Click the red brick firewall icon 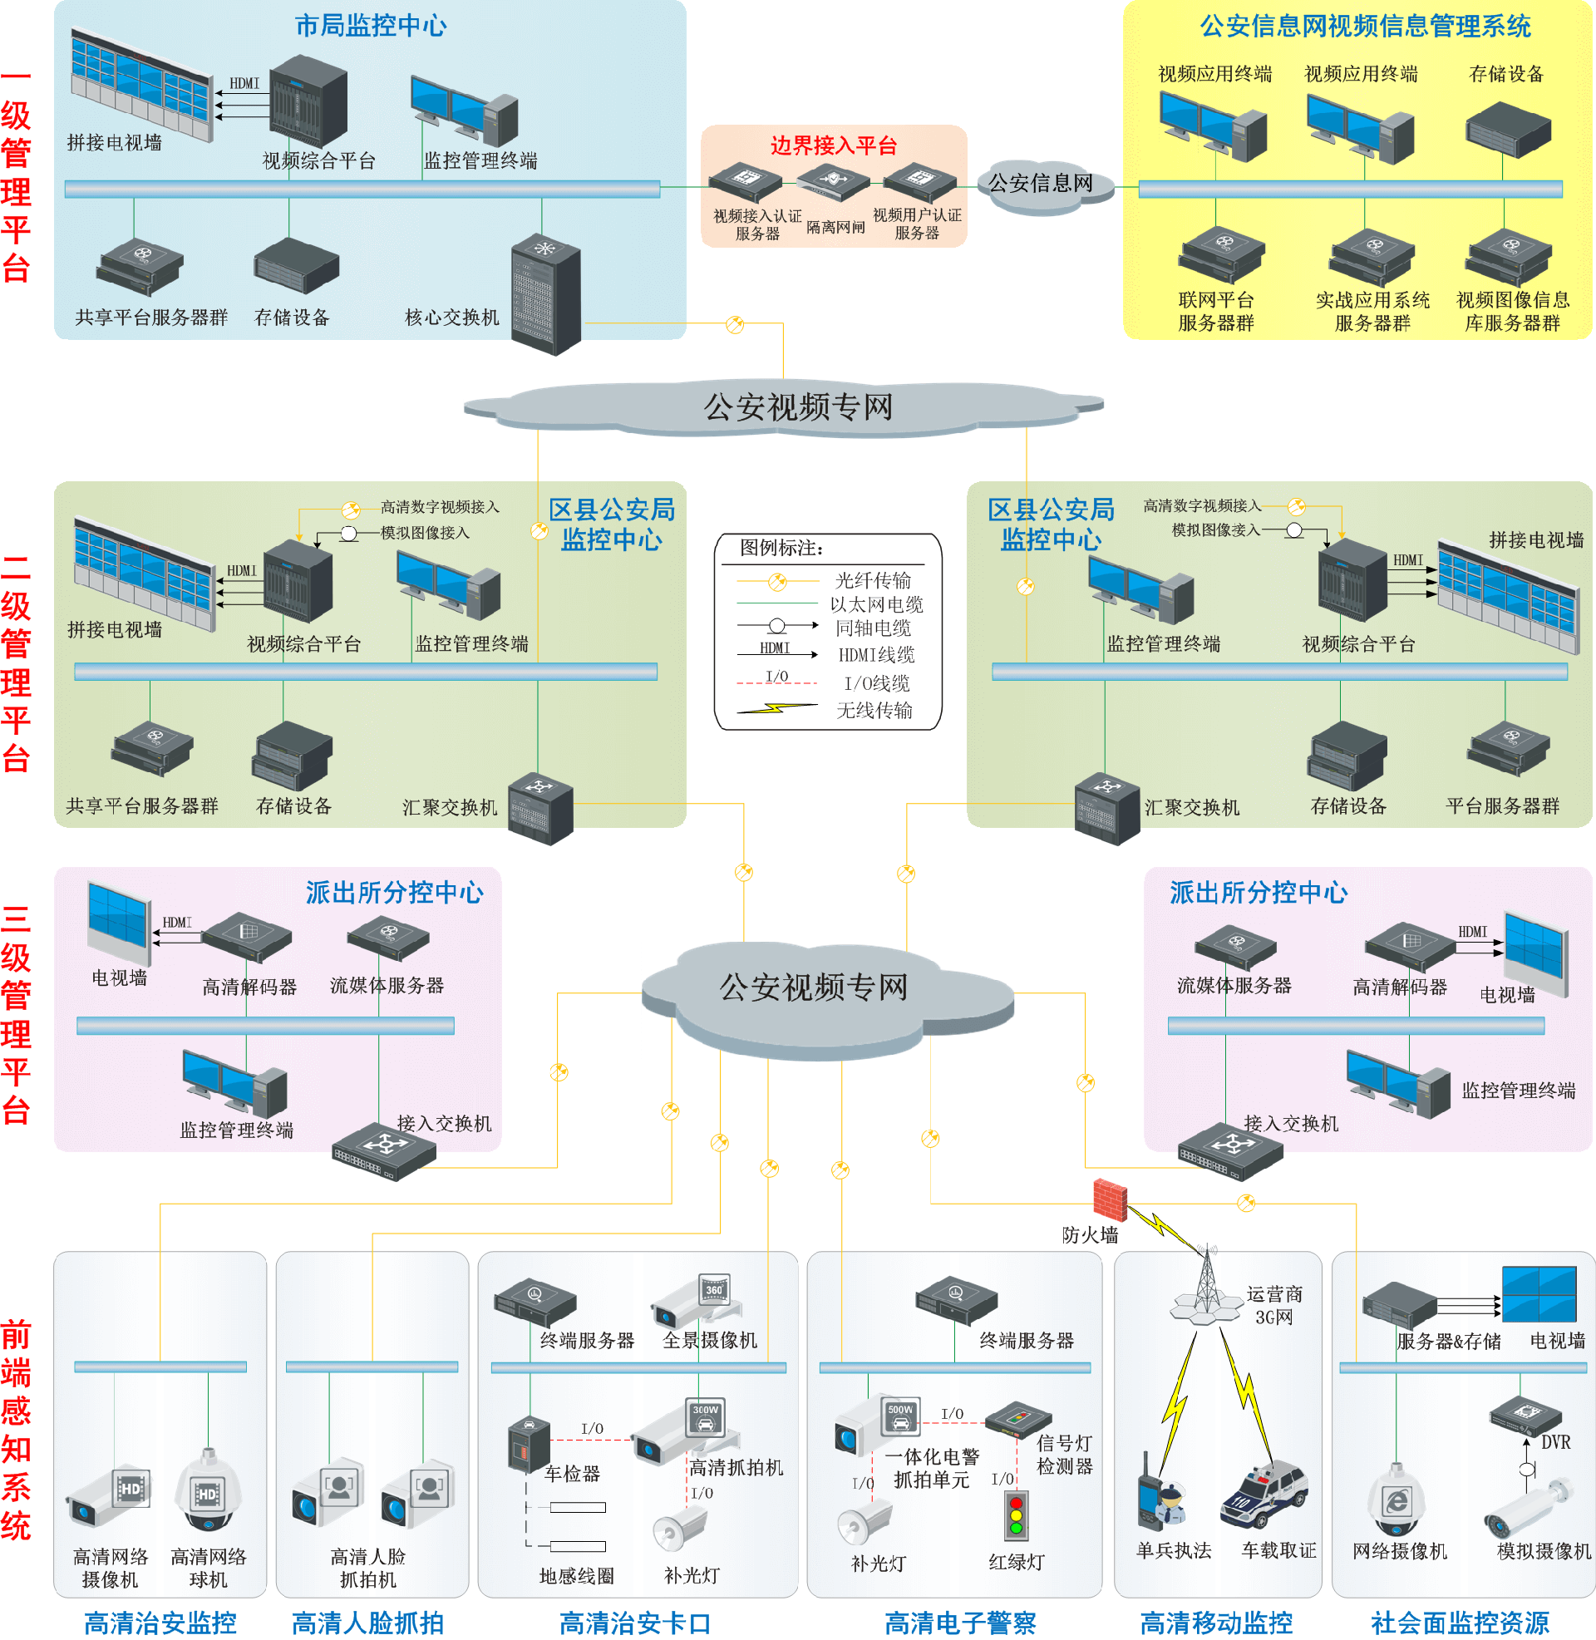tap(1110, 1200)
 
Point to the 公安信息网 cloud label tap(1040, 184)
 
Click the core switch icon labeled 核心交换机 tap(545, 293)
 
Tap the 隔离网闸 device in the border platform tap(833, 180)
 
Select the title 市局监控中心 tap(371, 26)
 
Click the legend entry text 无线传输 tap(874, 711)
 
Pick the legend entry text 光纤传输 tap(873, 581)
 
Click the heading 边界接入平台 tap(833, 145)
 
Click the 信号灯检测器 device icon tap(1017, 1419)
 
